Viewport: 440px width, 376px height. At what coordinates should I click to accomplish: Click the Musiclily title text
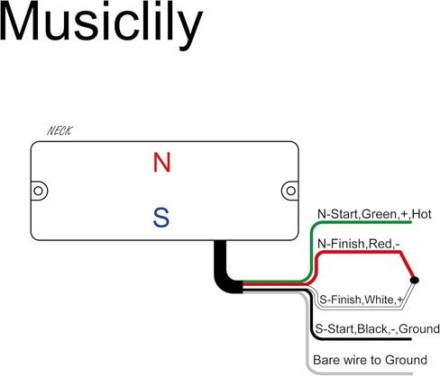pyautogui.click(x=101, y=25)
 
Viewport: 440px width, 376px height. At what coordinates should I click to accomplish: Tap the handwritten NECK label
pyautogui.click(x=60, y=130)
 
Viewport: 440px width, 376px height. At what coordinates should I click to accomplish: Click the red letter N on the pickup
pyautogui.click(x=162, y=162)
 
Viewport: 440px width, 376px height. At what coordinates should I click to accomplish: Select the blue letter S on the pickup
pyautogui.click(x=161, y=218)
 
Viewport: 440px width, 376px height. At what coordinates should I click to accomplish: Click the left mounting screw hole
pyautogui.click(x=38, y=191)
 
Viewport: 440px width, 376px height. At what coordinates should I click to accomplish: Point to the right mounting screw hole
pyautogui.click(x=290, y=191)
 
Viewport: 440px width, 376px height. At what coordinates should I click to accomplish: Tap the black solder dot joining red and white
pyautogui.click(x=415, y=280)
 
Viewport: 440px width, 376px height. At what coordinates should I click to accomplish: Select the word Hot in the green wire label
pyautogui.click(x=422, y=214)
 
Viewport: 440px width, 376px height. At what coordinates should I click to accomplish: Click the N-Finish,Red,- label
pyautogui.click(x=359, y=244)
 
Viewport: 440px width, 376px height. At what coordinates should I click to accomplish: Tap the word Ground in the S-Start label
pyautogui.click(x=419, y=329)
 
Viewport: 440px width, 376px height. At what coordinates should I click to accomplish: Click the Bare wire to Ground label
pyautogui.click(x=370, y=360)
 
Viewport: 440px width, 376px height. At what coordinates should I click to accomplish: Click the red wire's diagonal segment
pyautogui.click(x=408, y=265)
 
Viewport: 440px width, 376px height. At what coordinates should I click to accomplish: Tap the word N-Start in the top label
pyautogui.click(x=338, y=214)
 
